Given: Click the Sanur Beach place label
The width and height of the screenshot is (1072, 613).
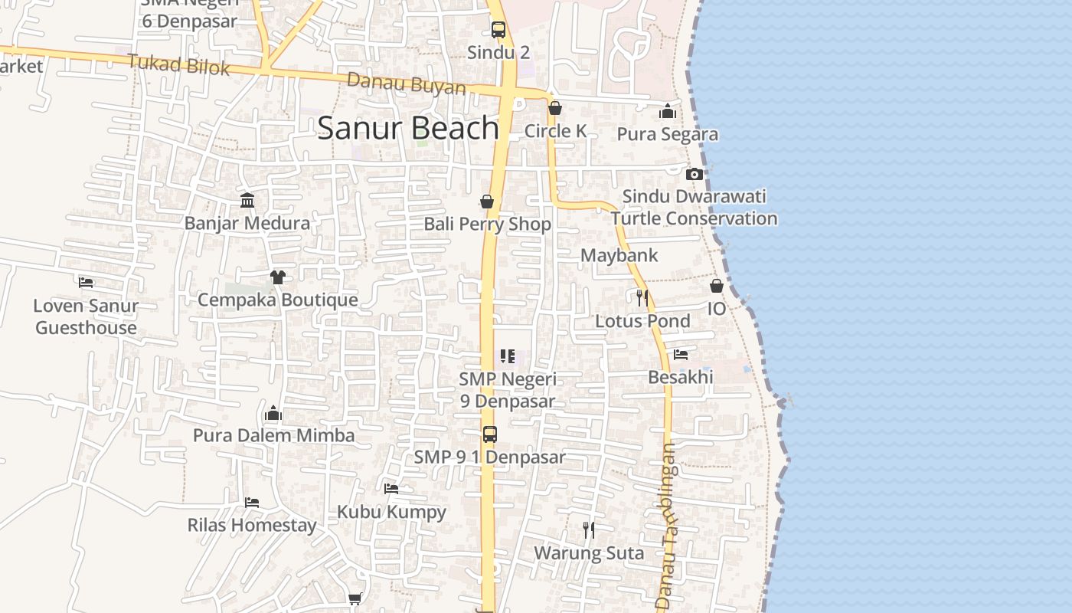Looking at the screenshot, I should tap(408, 127).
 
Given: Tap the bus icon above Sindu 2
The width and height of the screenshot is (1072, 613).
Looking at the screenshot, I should tap(498, 30).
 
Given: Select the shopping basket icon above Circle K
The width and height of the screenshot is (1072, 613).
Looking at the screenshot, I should tap(555, 108).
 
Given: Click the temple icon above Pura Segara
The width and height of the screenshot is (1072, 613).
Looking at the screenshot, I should tap(668, 111).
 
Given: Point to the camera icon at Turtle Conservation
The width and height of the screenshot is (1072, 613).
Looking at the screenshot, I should tap(695, 174).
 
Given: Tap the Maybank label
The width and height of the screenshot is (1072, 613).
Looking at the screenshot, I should tap(619, 255).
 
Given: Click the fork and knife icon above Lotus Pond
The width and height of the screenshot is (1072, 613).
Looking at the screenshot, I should tap(642, 297).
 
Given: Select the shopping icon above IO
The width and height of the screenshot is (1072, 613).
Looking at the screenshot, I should tap(717, 286).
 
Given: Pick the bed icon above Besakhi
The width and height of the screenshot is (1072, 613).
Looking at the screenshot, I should tap(681, 354).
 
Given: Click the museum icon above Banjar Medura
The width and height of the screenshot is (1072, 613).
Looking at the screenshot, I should tap(247, 201).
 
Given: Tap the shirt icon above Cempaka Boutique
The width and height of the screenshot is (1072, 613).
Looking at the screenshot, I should tap(277, 277).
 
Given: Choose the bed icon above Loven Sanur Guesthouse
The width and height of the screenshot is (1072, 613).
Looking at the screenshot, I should tap(86, 282).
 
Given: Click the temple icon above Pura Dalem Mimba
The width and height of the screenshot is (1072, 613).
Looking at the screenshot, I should tap(273, 414).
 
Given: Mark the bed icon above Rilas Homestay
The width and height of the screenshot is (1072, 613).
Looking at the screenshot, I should tap(252, 503).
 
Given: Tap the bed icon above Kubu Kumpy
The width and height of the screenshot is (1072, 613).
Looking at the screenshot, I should tap(391, 488).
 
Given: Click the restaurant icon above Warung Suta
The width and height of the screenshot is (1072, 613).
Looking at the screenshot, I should tap(588, 529).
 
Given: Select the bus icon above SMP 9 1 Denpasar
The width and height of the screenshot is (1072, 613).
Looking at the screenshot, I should tap(490, 434).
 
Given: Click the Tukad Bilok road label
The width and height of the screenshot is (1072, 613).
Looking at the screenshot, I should tap(178, 64).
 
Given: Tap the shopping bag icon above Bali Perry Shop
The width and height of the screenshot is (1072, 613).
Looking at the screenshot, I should tap(486, 202).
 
